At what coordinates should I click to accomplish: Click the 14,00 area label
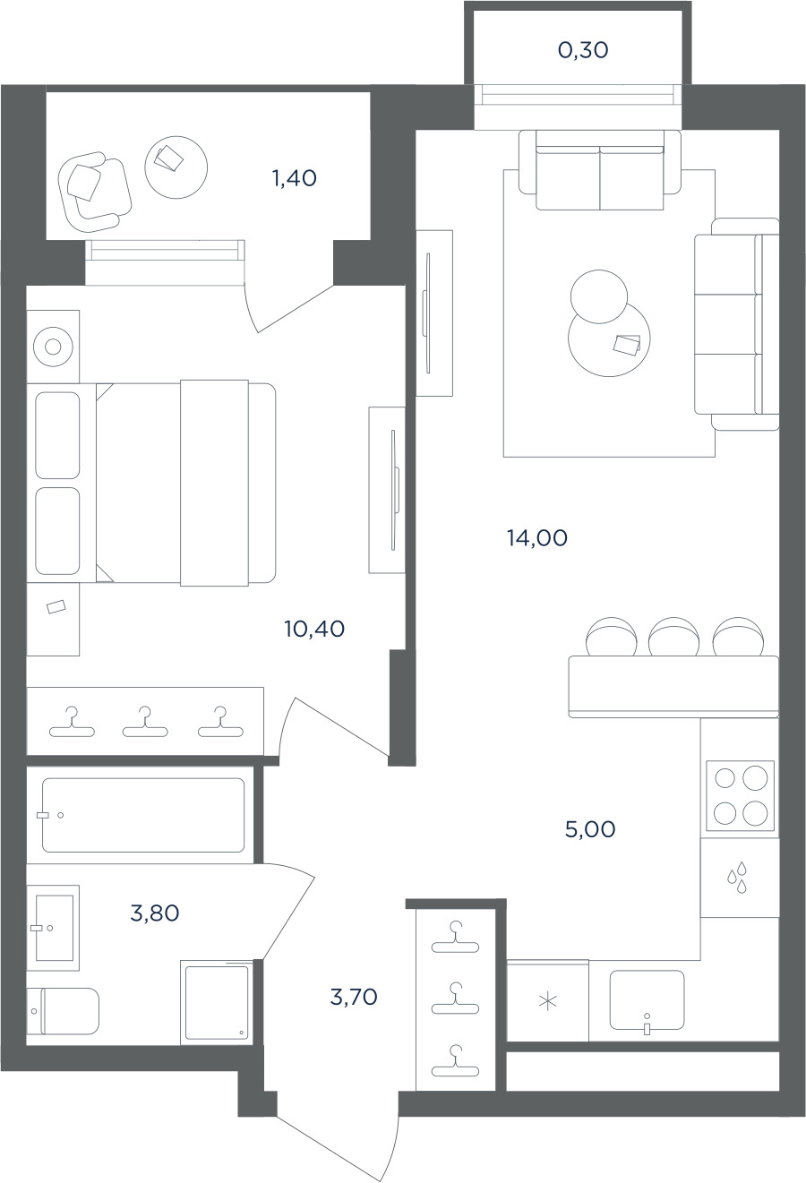[x=537, y=538]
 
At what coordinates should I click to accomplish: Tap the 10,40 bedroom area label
[x=314, y=629]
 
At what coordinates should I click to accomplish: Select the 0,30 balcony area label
[x=583, y=50]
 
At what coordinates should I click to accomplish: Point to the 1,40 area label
[x=295, y=178]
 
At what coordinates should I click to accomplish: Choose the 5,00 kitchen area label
[x=590, y=829]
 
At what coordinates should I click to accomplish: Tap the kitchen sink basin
[x=647, y=999]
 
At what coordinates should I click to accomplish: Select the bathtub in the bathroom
[x=143, y=815]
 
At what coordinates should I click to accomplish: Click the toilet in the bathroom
[x=63, y=1011]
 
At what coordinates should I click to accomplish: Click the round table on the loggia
[x=176, y=167]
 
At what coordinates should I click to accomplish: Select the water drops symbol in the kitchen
[x=738, y=878]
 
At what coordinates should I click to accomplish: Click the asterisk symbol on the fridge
[x=548, y=1001]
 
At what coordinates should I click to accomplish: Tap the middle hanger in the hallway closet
[x=455, y=999]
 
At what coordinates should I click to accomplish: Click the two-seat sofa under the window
[x=599, y=170]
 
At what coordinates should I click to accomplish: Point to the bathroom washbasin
[x=54, y=928]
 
